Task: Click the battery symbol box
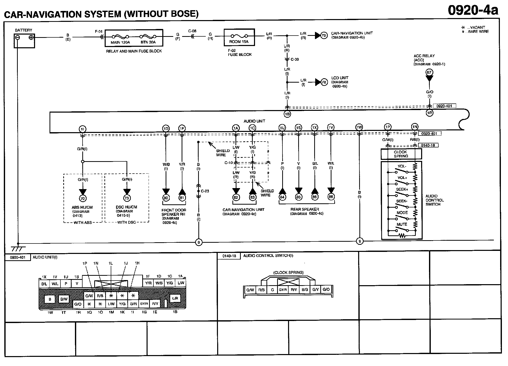(24, 41)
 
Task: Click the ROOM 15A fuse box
(239, 37)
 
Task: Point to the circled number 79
(324, 36)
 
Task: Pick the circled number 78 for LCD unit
(324, 82)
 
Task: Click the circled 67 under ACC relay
(429, 72)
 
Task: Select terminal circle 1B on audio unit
(287, 114)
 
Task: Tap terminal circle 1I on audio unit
(82, 129)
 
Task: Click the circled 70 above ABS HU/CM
(83, 198)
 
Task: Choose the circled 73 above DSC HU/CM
(126, 198)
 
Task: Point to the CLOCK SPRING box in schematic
(401, 154)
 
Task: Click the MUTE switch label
(402, 224)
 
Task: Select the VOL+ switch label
(402, 178)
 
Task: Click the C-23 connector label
(205, 191)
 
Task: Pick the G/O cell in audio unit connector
(78, 304)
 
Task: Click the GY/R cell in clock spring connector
(283, 289)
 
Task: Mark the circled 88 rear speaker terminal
(331, 197)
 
